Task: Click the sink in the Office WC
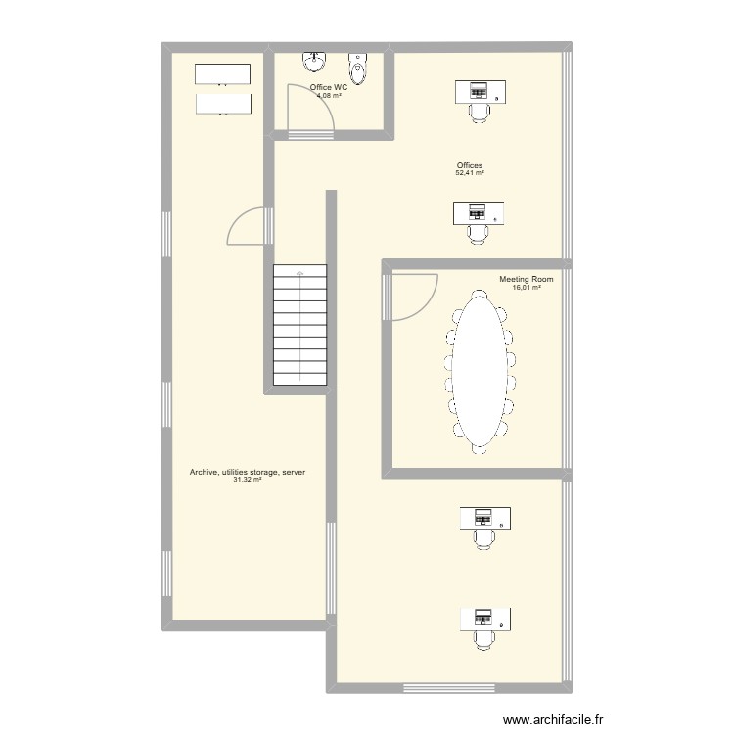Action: pyautogui.click(x=314, y=62)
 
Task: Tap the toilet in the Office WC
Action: pyautogui.click(x=358, y=69)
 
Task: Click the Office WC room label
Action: pyautogui.click(x=329, y=87)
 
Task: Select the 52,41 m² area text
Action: pyautogui.click(x=470, y=172)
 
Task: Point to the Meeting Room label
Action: pyautogui.click(x=527, y=279)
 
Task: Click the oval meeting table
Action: pyautogui.click(x=480, y=372)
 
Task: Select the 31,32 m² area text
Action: pyautogui.click(x=248, y=480)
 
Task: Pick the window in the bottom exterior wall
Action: pyautogui.click(x=449, y=688)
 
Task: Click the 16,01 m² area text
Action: pyautogui.click(x=527, y=288)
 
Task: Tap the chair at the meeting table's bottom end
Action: pyautogui.click(x=480, y=448)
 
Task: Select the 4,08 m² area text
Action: pyautogui.click(x=329, y=95)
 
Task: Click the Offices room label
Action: pyautogui.click(x=470, y=165)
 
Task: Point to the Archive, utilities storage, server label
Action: pyautogui.click(x=248, y=472)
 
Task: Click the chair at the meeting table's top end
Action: pyautogui.click(x=479, y=296)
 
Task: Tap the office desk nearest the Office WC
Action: pyautogui.click(x=481, y=91)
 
